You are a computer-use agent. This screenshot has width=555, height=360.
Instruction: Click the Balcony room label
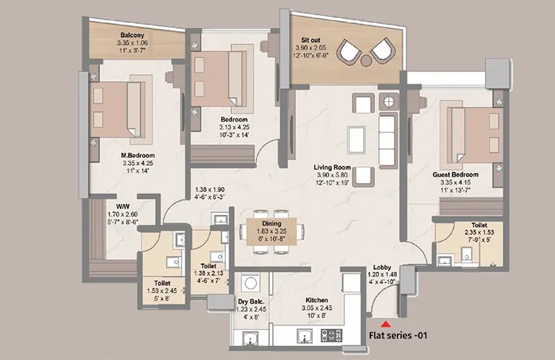(x=132, y=35)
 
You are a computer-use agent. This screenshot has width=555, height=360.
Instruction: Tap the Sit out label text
(x=310, y=40)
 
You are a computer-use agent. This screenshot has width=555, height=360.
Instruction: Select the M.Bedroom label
(x=138, y=155)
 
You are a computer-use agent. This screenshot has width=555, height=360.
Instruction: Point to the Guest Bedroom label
(x=455, y=175)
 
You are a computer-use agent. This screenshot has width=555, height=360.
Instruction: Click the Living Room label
(x=332, y=167)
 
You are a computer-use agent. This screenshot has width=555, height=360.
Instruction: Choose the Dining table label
(x=271, y=224)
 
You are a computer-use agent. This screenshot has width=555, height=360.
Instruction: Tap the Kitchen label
(x=317, y=300)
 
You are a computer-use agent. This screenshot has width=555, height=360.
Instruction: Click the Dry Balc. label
(x=251, y=302)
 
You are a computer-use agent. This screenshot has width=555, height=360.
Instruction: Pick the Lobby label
(x=382, y=267)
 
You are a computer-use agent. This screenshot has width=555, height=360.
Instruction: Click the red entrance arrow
(x=385, y=323)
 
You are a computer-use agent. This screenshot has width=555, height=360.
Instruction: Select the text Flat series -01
(x=398, y=335)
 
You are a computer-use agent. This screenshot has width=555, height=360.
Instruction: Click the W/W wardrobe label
(x=123, y=207)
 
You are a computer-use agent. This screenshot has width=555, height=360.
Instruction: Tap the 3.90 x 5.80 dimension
(x=332, y=175)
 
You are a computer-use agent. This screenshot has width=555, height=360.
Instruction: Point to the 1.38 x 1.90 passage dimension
(x=209, y=190)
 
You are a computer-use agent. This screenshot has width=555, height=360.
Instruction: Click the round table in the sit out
(x=366, y=61)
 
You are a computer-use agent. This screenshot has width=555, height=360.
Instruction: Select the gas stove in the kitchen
(x=331, y=335)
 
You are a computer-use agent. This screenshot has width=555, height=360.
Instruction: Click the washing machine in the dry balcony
(x=251, y=284)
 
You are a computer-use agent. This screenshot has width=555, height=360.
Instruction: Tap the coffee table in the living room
(x=357, y=139)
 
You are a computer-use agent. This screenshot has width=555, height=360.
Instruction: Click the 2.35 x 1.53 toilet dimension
(x=479, y=232)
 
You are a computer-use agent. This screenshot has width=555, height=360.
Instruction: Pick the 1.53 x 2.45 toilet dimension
(x=162, y=291)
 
